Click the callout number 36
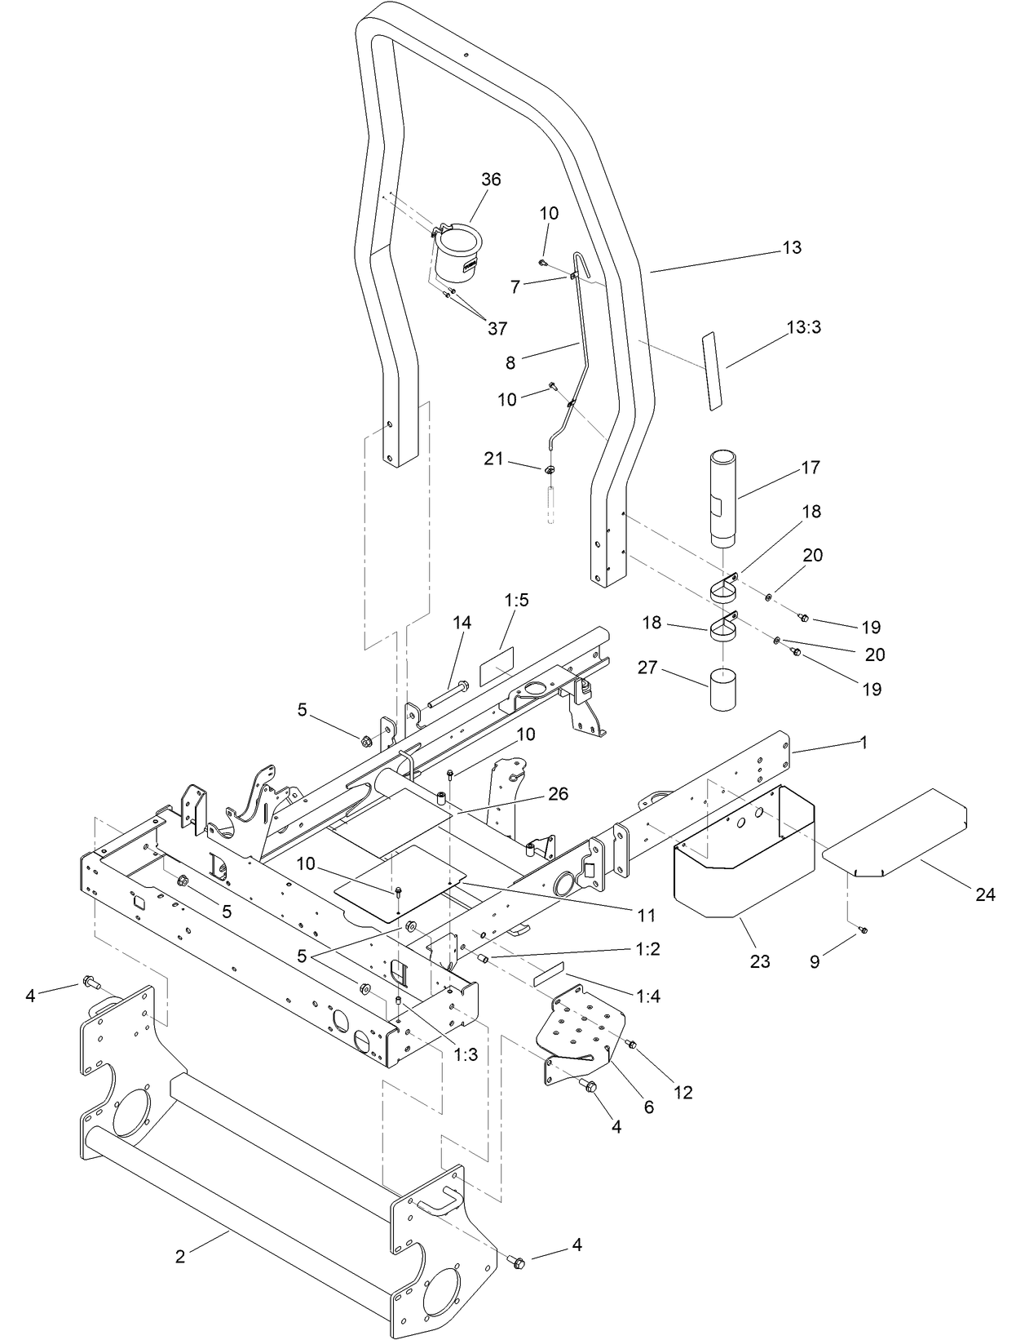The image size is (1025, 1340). coord(491,180)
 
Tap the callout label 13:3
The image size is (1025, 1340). coord(803,327)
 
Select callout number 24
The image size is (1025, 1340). coord(985,895)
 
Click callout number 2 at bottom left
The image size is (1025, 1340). coord(180,1257)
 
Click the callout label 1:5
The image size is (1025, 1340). coord(516,601)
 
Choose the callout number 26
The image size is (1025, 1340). coord(559,794)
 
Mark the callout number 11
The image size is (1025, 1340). coord(647,916)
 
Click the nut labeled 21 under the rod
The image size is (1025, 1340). coord(550,469)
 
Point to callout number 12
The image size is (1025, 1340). coord(683,1092)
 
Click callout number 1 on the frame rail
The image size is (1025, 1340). coord(864,743)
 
